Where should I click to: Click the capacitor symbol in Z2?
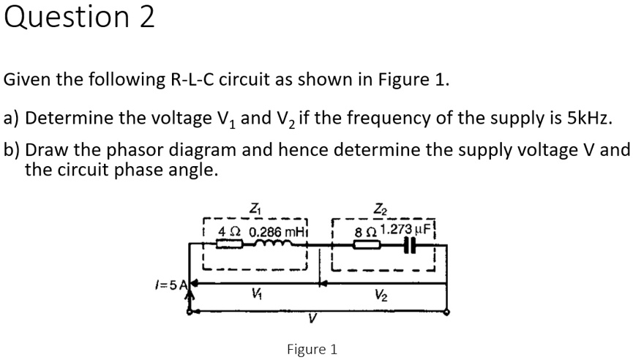pyautogui.click(x=409, y=245)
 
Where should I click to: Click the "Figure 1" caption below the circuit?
pyautogui.click(x=312, y=349)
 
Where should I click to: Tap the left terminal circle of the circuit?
pyautogui.click(x=190, y=312)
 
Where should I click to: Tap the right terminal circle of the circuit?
pyautogui.click(x=447, y=312)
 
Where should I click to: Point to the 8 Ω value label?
pyautogui.click(x=362, y=231)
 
